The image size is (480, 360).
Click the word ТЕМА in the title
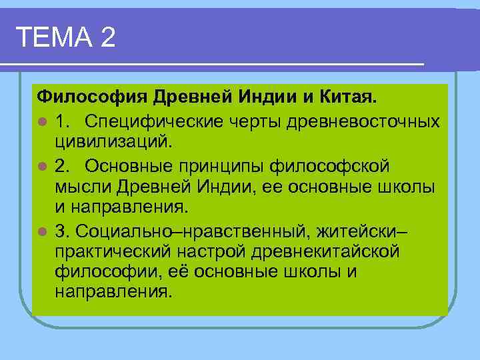point(53,37)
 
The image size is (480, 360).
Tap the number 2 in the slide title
point(107,37)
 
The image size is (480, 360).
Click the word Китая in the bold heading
point(349,99)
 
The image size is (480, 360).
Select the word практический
point(113,251)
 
